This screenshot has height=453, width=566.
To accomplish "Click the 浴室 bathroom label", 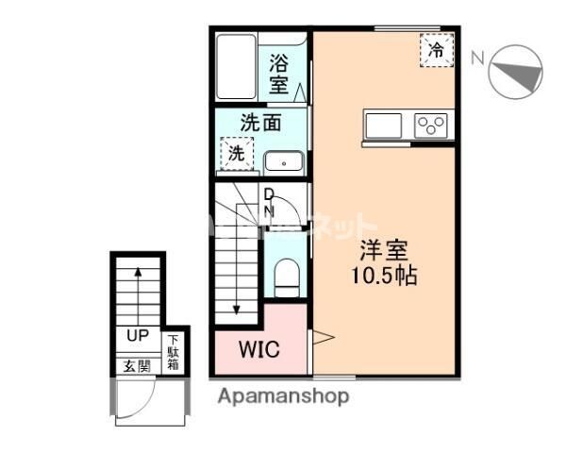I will coord(279,75).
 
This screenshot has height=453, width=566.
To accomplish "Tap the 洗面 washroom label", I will coord(260,123).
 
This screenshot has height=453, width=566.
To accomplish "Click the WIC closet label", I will coord(258,349).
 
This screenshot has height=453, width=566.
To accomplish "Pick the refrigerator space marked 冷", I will coord(436,49).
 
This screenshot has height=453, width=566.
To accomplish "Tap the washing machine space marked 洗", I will coord(235,152).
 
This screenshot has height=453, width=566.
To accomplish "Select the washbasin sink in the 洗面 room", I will coord(281,162).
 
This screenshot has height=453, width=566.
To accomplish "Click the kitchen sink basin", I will coord(384,126).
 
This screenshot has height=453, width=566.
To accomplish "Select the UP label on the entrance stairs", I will coord(136,335).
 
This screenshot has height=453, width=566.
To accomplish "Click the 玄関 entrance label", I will coord(136,365).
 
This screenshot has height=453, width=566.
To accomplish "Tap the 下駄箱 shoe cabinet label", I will coord(175,354).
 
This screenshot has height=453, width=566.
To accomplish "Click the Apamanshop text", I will coord(284,396).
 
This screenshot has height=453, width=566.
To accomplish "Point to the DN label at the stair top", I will coord(269,203).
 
